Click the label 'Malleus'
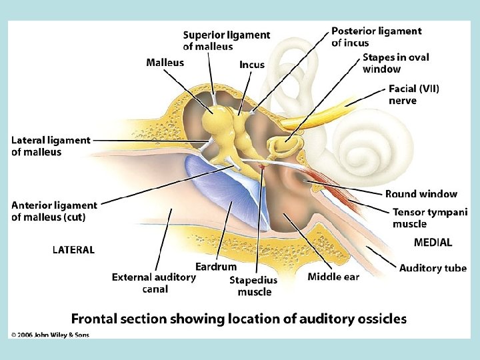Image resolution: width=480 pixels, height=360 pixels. (165, 63)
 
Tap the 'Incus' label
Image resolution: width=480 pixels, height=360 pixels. (252, 65)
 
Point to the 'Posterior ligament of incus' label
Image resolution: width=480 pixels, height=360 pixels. (377, 37)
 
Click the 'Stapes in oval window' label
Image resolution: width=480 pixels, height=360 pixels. (397, 63)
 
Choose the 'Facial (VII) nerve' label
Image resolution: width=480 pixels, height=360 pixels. (414, 95)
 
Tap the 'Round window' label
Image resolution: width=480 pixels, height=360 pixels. (421, 194)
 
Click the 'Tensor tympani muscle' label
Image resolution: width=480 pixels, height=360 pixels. (430, 218)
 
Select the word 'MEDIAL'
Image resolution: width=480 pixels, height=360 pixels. (433, 243)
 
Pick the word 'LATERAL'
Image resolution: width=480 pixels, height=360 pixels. (73, 250)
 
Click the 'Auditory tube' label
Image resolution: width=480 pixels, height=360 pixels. (433, 268)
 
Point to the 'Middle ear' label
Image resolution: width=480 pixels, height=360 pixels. (333, 277)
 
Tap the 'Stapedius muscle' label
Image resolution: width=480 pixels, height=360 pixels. (254, 286)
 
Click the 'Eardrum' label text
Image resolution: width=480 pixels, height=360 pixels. (216, 267)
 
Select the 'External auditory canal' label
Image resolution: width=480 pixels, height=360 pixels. (154, 283)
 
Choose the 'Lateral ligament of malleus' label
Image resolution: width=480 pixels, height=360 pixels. (51, 146)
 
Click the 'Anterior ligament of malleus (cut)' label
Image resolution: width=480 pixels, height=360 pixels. (54, 211)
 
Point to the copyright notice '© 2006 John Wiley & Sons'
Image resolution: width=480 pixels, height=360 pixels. (50, 335)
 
